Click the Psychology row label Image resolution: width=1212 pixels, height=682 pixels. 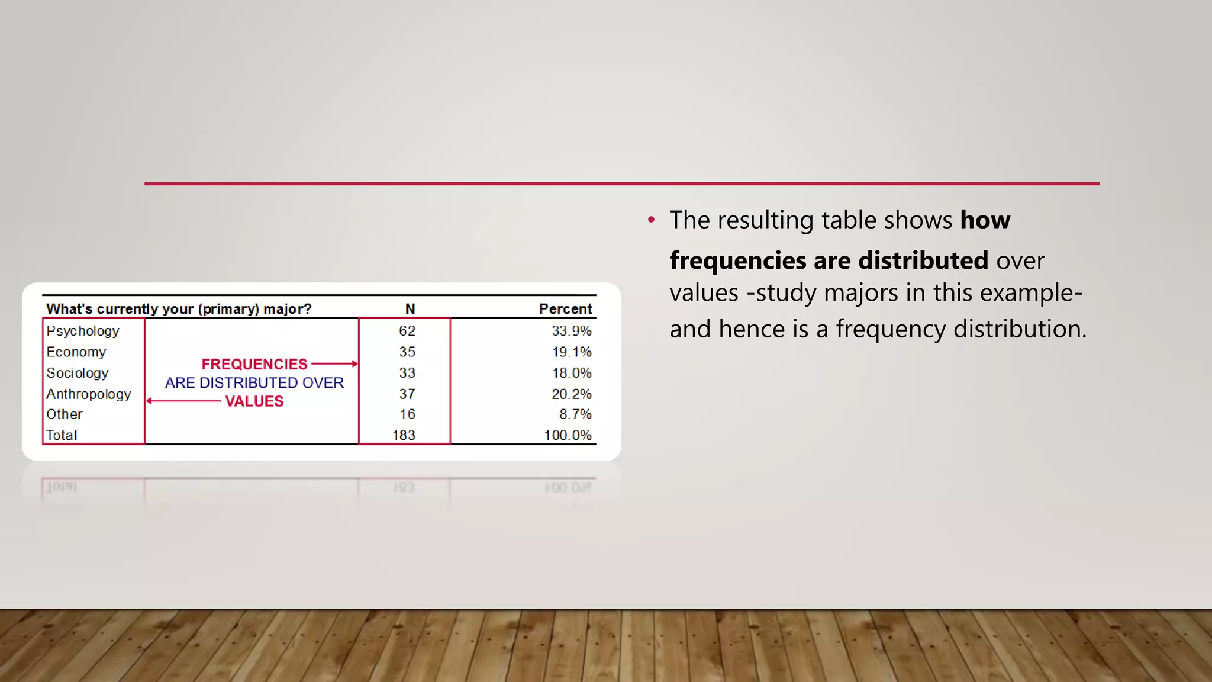[83, 331]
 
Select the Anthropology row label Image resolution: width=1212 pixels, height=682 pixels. [89, 394]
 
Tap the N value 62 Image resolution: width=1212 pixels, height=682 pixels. [407, 331]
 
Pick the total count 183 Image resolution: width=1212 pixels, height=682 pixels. [404, 435]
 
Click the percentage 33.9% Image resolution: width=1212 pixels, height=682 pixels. [571, 331]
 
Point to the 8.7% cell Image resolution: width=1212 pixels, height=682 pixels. [575, 414]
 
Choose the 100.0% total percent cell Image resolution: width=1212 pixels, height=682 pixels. [568, 435]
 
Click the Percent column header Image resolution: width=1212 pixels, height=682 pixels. [565, 309]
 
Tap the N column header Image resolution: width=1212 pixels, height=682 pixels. [410, 309]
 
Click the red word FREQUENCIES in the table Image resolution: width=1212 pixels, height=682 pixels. [254, 364]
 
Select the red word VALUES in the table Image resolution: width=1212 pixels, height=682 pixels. [254, 401]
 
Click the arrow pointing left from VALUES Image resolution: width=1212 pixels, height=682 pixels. [183, 401]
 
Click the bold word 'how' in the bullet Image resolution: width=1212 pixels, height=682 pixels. [985, 220]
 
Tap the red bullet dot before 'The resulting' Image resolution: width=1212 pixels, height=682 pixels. [652, 220]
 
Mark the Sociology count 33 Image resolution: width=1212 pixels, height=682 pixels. [407, 373]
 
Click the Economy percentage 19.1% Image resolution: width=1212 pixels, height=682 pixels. [571, 352]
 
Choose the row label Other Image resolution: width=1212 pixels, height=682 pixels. [65, 414]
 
